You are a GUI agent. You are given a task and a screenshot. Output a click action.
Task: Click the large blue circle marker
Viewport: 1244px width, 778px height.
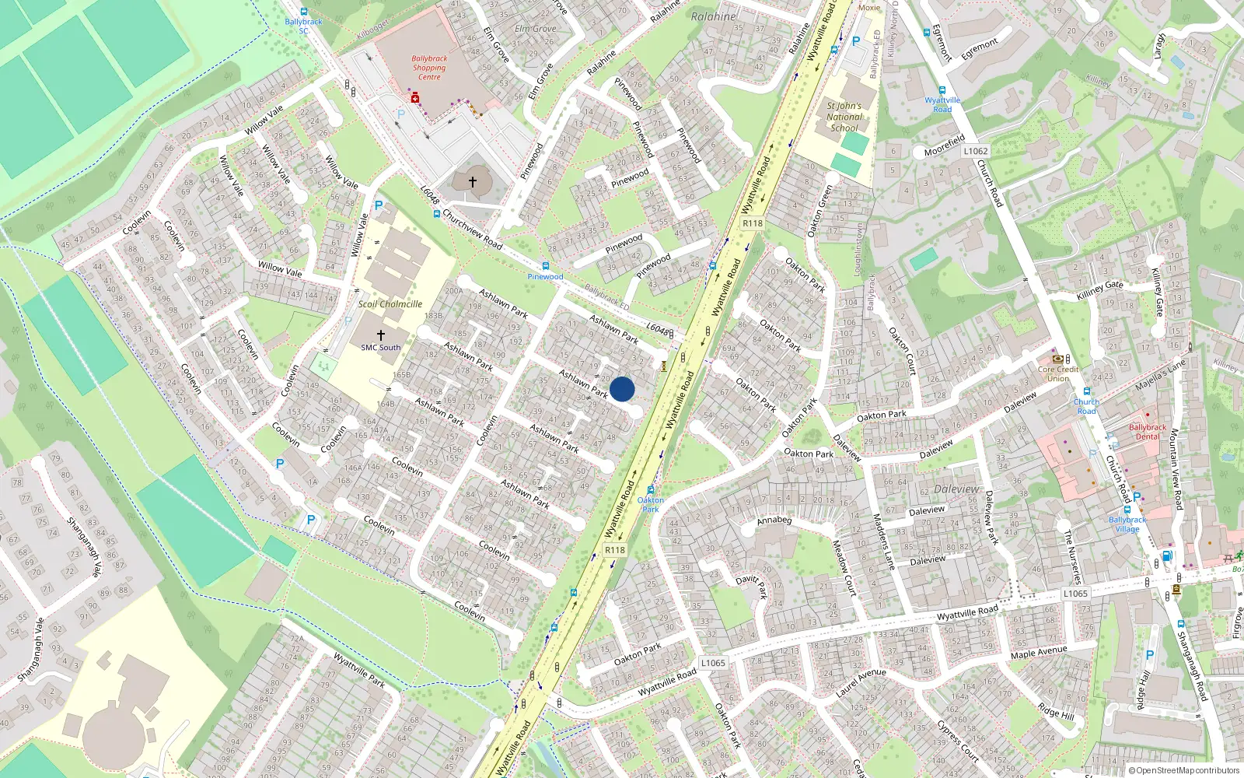(622, 389)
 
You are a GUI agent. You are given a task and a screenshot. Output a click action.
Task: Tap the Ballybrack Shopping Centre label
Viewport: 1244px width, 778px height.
(429, 68)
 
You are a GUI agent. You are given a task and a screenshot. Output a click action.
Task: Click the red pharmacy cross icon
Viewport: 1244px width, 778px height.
(415, 98)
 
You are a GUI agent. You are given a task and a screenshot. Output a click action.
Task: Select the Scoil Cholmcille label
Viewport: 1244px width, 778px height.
(390, 304)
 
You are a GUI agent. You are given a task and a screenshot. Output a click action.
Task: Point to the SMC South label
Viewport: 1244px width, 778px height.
(381, 348)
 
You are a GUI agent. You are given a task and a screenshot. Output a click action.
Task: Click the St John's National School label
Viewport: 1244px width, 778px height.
(844, 117)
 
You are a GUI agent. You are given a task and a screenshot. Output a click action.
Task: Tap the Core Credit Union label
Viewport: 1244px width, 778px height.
(1058, 373)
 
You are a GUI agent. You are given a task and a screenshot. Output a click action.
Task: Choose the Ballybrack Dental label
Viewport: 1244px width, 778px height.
(1148, 432)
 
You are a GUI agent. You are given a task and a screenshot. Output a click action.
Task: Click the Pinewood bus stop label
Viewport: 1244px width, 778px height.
(545, 276)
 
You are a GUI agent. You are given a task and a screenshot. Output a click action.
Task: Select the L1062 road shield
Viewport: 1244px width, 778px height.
(975, 151)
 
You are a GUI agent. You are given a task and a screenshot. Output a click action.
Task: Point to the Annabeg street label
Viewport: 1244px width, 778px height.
(774, 520)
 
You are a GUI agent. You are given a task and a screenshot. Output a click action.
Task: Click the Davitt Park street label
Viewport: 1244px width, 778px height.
(751, 587)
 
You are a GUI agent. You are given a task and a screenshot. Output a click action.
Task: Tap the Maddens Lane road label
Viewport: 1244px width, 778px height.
(884, 541)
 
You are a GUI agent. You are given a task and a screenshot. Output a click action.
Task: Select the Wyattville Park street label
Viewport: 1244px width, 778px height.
(359, 670)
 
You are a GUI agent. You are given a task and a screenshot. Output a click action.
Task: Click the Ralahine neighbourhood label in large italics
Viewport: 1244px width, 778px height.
(713, 16)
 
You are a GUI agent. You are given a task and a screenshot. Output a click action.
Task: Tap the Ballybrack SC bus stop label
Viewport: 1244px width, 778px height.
(303, 26)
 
